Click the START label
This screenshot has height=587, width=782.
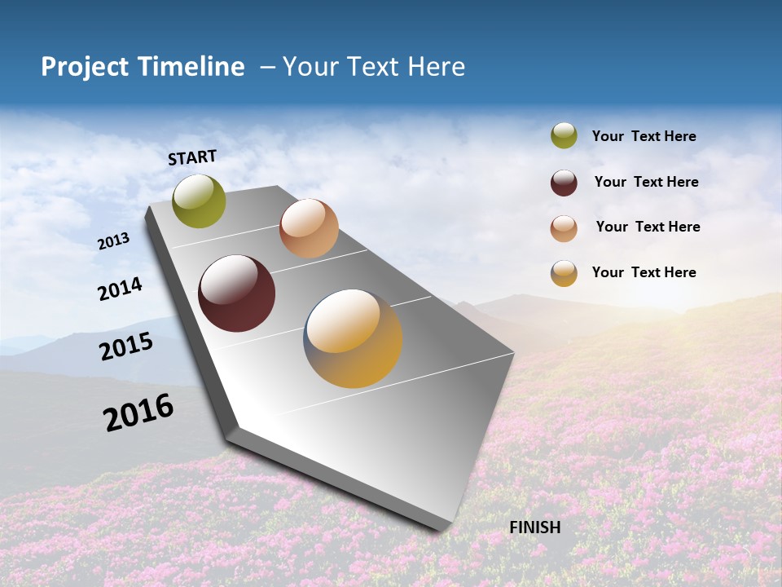(192, 157)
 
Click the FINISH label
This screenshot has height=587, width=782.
(535, 527)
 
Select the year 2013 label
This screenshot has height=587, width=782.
(113, 241)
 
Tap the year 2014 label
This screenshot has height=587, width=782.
(120, 289)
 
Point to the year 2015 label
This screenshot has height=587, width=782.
(126, 346)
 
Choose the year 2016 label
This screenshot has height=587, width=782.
(138, 413)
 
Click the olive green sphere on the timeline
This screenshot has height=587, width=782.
(200, 201)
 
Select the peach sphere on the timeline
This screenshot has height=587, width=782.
(309, 228)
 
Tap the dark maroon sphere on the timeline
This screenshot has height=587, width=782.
(237, 293)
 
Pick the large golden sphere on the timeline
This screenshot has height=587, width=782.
(353, 338)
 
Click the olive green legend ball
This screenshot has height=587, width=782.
(564, 135)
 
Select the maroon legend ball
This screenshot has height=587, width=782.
(564, 183)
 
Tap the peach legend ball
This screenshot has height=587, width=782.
(564, 228)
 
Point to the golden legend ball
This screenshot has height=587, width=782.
(564, 273)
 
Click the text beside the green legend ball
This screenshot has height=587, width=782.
(644, 136)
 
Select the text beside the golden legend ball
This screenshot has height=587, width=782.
(644, 272)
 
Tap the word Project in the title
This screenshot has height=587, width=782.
(86, 67)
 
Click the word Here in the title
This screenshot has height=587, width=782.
(437, 67)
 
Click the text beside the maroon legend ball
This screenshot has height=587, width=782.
(646, 182)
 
